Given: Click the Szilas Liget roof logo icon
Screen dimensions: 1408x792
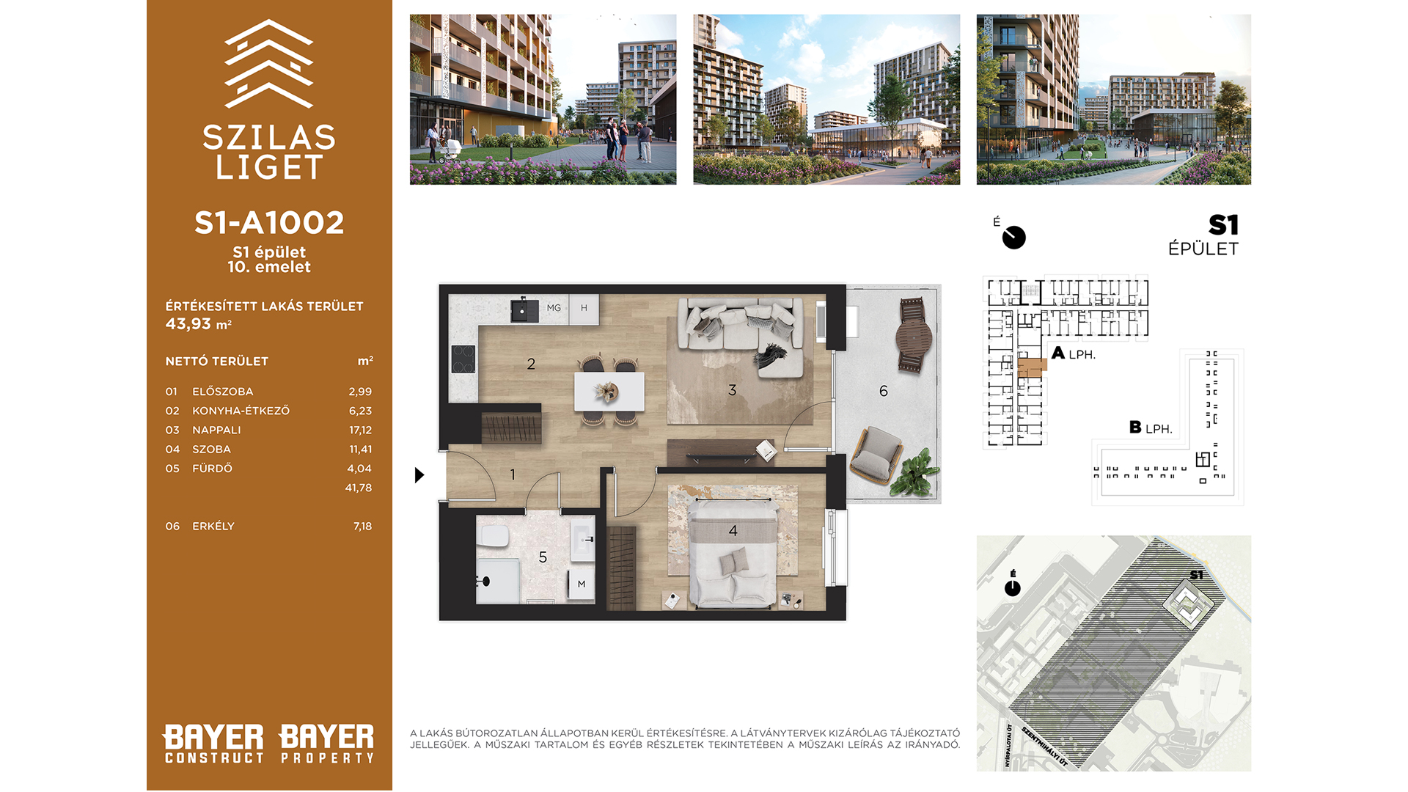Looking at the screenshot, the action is (x=269, y=63).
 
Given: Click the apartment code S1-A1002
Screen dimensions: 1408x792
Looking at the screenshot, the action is (x=269, y=223).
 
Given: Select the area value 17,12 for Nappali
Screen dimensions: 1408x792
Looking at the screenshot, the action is (x=360, y=430).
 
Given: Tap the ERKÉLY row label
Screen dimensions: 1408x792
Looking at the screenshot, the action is (x=213, y=527).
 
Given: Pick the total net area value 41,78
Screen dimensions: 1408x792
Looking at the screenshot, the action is (x=359, y=488).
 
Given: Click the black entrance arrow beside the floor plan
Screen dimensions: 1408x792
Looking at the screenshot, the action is (x=419, y=475).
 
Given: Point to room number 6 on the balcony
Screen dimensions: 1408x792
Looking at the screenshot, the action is (x=884, y=392).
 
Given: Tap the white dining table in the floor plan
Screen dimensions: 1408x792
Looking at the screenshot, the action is (x=609, y=392).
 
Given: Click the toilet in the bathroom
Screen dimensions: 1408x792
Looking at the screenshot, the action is (x=494, y=536).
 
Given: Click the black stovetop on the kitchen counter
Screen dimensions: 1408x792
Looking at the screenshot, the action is (x=463, y=359).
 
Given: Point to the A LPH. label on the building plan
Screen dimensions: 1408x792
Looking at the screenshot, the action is (x=1074, y=353).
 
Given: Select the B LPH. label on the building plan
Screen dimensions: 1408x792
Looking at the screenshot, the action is (x=1151, y=428).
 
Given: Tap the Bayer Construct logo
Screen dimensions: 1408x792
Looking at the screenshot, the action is (x=213, y=744).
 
